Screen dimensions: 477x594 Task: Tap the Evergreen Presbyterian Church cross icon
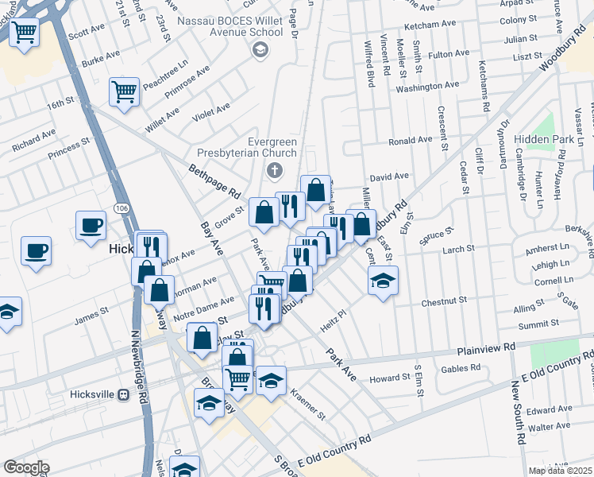(275, 169)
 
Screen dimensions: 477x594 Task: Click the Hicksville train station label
(93, 394)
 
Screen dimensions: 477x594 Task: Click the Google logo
(27, 467)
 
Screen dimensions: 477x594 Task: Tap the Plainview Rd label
(487, 348)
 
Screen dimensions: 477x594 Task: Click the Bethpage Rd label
(214, 181)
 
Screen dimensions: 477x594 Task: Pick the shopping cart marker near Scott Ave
(25, 33)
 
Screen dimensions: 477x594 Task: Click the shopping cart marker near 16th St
(124, 91)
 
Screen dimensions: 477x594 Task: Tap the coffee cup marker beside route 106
(91, 224)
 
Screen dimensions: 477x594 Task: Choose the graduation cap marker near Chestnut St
(383, 280)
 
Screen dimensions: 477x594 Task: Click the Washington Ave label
(427, 86)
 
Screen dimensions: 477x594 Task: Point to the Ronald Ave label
(410, 141)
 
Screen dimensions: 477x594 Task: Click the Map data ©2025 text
(560, 471)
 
